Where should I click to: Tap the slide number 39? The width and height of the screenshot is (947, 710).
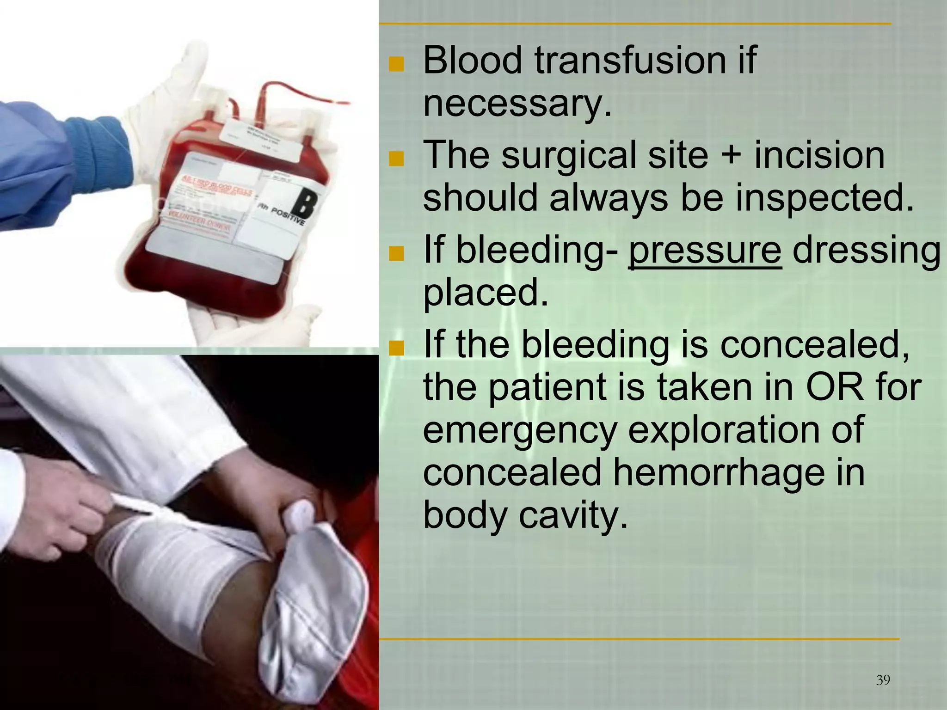click(883, 680)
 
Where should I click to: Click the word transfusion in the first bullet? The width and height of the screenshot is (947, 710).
click(630, 61)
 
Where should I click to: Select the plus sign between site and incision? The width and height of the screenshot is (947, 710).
click(731, 156)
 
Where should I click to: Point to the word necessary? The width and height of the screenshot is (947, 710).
click(517, 104)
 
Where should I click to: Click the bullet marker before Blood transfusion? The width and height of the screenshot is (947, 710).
click(396, 64)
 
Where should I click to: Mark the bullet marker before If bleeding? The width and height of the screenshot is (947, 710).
click(396, 253)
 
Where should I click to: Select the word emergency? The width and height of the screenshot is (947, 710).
click(520, 431)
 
